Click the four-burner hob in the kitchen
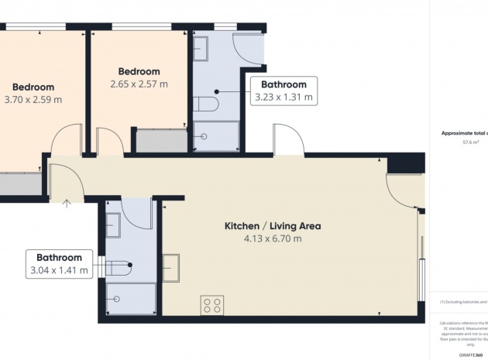coord(212,305)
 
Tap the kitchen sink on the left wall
coord(170,268)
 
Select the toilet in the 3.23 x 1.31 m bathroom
coord(208,103)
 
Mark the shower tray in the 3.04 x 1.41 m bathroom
coord(130,298)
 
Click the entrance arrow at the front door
coord(67,204)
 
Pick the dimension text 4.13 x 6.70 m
coord(272,239)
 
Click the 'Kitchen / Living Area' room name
coord(272,226)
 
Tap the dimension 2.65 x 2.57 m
coord(139,83)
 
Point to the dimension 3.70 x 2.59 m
coord(33,99)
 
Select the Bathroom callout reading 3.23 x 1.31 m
coord(284,91)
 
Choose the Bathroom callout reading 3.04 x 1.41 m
coord(60,263)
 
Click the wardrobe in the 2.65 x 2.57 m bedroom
coord(161,141)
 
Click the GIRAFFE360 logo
coord(473,353)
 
